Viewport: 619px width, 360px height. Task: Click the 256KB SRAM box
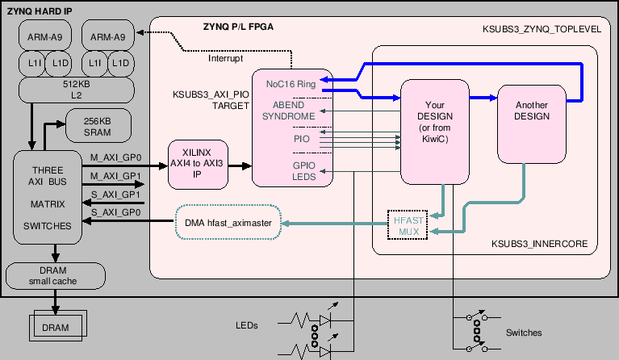click(98, 127)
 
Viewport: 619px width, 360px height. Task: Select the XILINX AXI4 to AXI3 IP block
click(197, 165)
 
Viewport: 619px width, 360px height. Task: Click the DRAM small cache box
click(56, 276)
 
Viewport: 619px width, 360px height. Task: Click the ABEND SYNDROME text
click(288, 111)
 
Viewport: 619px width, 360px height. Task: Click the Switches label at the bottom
click(523, 332)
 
